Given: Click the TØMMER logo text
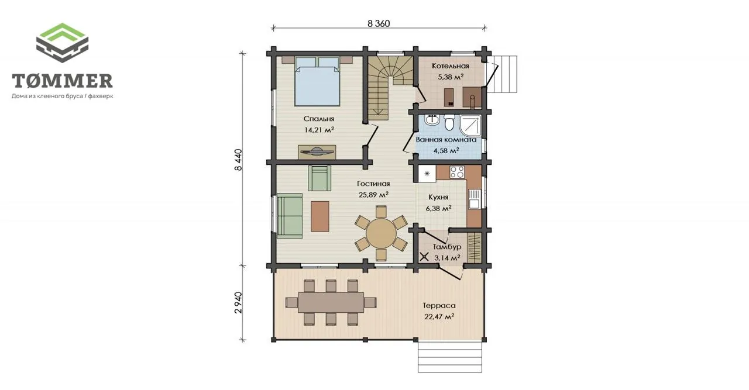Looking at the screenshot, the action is coord(62,81).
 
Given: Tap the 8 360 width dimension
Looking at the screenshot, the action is coord(379,23).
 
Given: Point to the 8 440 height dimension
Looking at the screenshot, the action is coord(238,160).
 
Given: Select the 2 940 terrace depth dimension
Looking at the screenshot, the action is coord(238,302).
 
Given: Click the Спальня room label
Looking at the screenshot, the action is coord(319,119).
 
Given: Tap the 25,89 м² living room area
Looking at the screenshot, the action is coord(373,195).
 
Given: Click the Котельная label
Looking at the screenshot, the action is coord(450,66).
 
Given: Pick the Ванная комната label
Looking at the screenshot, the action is coord(446,140).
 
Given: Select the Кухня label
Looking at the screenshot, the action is coord(438,197).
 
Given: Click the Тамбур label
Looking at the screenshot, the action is coord(447,247).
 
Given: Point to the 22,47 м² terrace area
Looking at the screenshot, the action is coord(439,316).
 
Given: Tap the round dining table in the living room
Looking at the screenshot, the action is coord(381,233).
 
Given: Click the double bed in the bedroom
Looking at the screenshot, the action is coord(317,81).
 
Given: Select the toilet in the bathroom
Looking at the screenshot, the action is coord(449,122).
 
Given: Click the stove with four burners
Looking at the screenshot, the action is coord(457,172).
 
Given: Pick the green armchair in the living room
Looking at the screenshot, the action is coord(319,178).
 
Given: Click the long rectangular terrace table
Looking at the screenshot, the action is coord(331,302).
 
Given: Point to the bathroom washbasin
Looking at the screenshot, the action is coord(432,120).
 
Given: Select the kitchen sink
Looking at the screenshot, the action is coord(474,199).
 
